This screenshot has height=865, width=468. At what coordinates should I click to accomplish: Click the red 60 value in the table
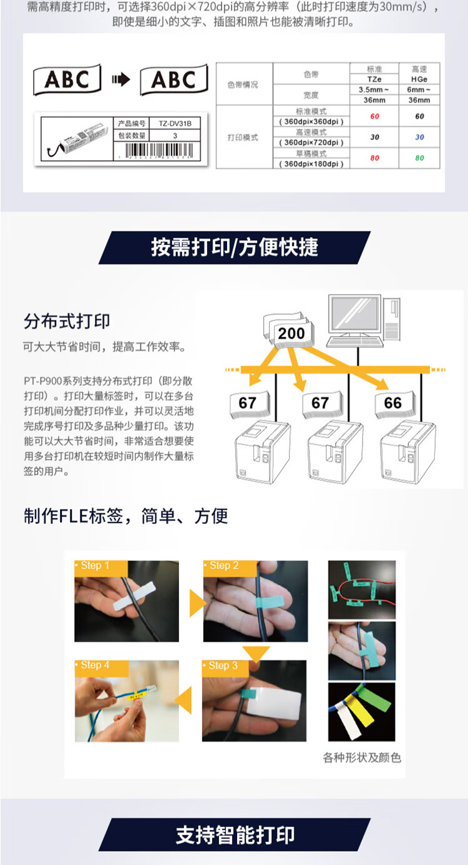374,117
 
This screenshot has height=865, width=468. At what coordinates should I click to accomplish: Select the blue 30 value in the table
419,137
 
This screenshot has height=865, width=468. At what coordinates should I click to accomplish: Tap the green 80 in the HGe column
419,158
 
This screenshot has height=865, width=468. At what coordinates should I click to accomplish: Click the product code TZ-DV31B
175,123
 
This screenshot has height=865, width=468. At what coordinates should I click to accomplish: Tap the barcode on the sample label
160,151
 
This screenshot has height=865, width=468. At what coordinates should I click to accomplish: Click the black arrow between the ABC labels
120,79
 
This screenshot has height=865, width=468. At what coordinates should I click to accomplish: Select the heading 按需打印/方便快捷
234,247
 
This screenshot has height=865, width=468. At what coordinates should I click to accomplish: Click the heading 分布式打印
67,321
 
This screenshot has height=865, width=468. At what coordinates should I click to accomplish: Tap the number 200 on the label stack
291,334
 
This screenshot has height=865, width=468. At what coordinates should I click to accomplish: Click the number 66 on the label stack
392,403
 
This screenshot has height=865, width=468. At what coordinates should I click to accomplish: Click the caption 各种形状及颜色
362,758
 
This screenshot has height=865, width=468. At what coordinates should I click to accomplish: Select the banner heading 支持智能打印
235,835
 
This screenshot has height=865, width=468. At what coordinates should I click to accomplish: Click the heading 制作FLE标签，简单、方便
125,516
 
